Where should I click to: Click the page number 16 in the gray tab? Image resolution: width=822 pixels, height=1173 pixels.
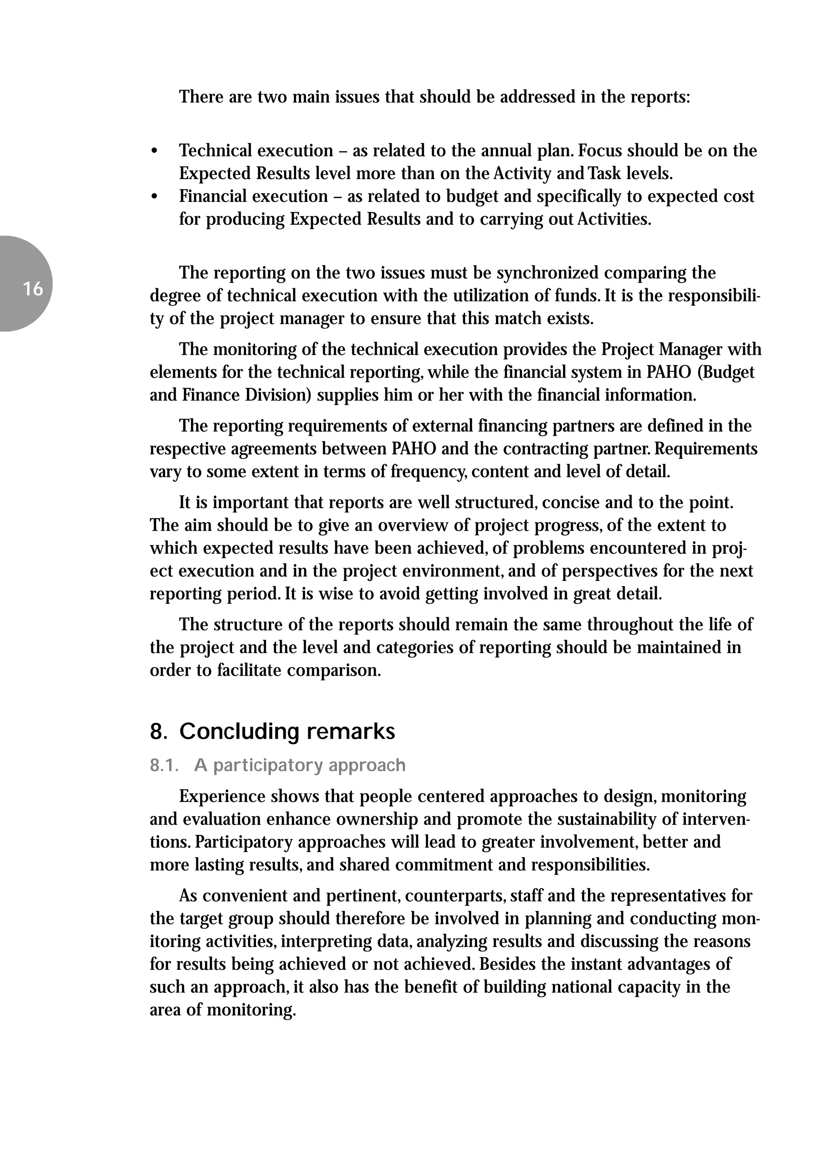(x=33, y=289)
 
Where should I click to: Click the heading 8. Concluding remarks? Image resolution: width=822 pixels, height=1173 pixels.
(x=272, y=731)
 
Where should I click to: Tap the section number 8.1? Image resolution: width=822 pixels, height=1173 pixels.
(x=163, y=765)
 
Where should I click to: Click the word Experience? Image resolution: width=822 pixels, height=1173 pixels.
(x=222, y=796)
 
